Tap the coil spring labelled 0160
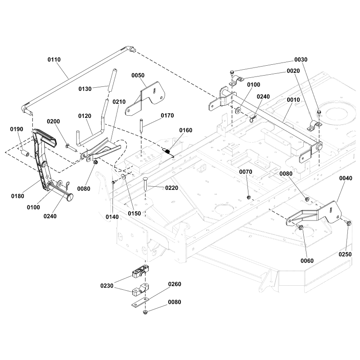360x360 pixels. (x=167, y=152)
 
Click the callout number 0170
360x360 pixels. (x=167, y=115)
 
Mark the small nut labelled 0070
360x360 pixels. (x=248, y=197)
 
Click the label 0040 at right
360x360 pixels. (x=345, y=178)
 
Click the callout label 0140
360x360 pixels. (x=112, y=216)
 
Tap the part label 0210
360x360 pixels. (x=119, y=102)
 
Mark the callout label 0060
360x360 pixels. (x=307, y=260)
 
